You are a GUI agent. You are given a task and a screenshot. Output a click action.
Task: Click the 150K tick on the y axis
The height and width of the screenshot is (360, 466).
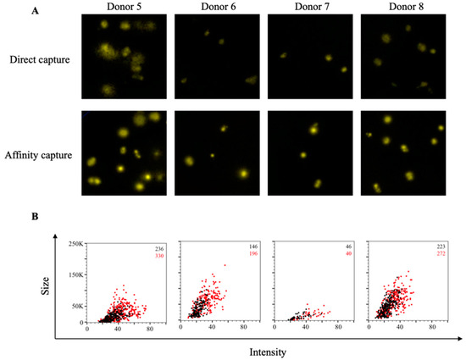pyautogui.click(x=75, y=276)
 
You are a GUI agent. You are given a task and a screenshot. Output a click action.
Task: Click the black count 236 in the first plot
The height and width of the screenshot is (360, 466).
pyautogui.click(x=158, y=248)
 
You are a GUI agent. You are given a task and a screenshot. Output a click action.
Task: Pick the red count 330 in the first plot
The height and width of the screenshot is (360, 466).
pyautogui.click(x=158, y=256)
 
